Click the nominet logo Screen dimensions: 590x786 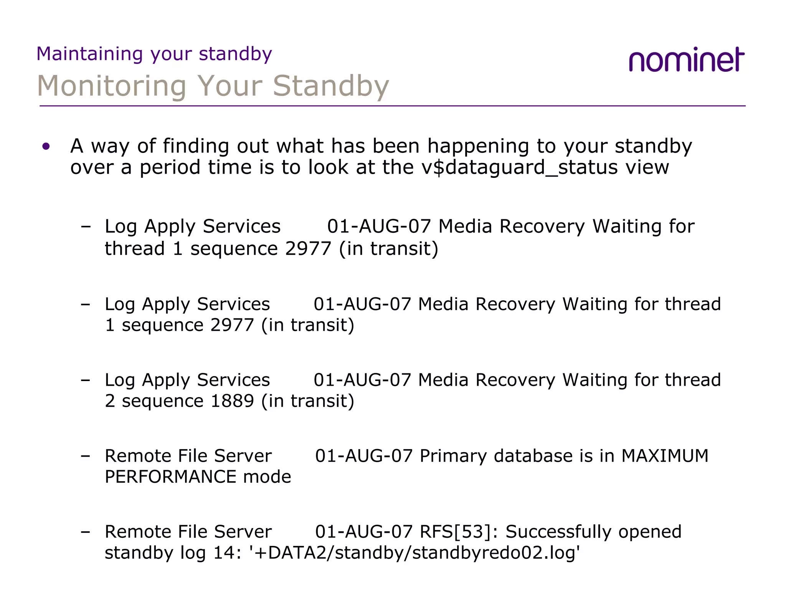[x=686, y=60]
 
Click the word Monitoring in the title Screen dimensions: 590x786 [x=112, y=86]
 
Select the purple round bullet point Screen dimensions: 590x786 [x=46, y=146]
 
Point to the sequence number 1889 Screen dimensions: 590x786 [x=232, y=401]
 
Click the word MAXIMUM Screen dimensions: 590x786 [x=665, y=456]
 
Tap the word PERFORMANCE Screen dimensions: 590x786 [x=170, y=477]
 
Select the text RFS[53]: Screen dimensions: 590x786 [x=459, y=532]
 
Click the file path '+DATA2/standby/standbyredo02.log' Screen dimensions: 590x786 [x=414, y=553]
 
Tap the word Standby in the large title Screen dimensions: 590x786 [x=331, y=86]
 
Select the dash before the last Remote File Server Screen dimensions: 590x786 [x=86, y=532]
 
